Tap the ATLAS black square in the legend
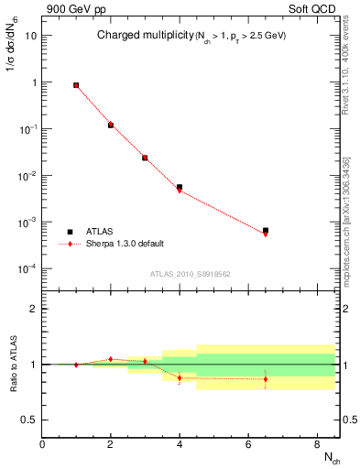pyautogui.click(x=70, y=232)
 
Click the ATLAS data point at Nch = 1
pyautogui.click(x=76, y=85)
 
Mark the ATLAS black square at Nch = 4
pyautogui.click(x=180, y=187)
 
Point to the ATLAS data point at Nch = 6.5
pyautogui.click(x=266, y=231)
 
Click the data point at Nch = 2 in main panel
pyautogui.click(x=111, y=125)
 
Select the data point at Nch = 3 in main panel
pyautogui.click(x=145, y=158)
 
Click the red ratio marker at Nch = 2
pyautogui.click(x=111, y=359)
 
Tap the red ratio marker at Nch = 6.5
pyautogui.click(x=266, y=379)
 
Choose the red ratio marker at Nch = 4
pyautogui.click(x=180, y=377)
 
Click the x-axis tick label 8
pyautogui.click(x=317, y=445)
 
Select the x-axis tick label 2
pyautogui.click(x=111, y=445)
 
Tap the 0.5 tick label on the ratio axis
pyautogui.click(x=30, y=420)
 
